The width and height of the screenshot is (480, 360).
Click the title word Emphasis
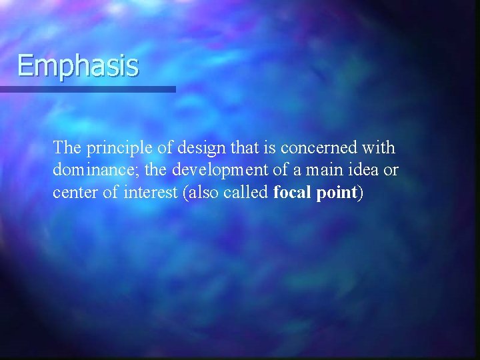(78, 66)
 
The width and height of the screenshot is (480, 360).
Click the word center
(73, 193)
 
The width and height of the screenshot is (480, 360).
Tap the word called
(246, 193)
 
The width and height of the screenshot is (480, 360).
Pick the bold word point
(338, 193)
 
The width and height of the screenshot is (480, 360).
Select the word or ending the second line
(391, 171)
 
